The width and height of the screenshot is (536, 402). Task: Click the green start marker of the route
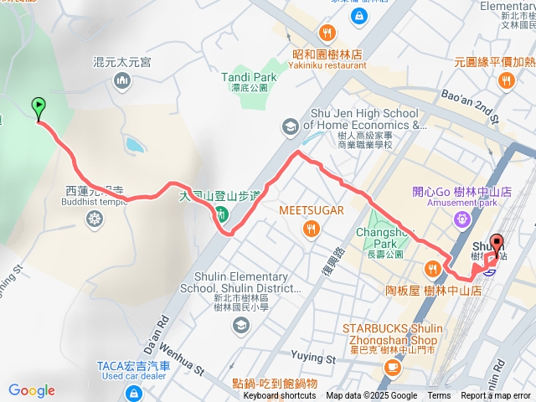39,107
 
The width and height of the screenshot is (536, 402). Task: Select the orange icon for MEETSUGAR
311,228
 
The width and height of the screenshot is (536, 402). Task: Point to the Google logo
32,390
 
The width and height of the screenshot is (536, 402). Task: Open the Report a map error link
496,396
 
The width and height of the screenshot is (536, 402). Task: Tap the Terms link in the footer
439,396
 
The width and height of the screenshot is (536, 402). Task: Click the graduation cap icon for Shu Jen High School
290,126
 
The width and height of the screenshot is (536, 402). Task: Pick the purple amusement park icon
461,219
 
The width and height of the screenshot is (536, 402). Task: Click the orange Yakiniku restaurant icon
327,33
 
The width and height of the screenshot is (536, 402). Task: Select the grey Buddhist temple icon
95,219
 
